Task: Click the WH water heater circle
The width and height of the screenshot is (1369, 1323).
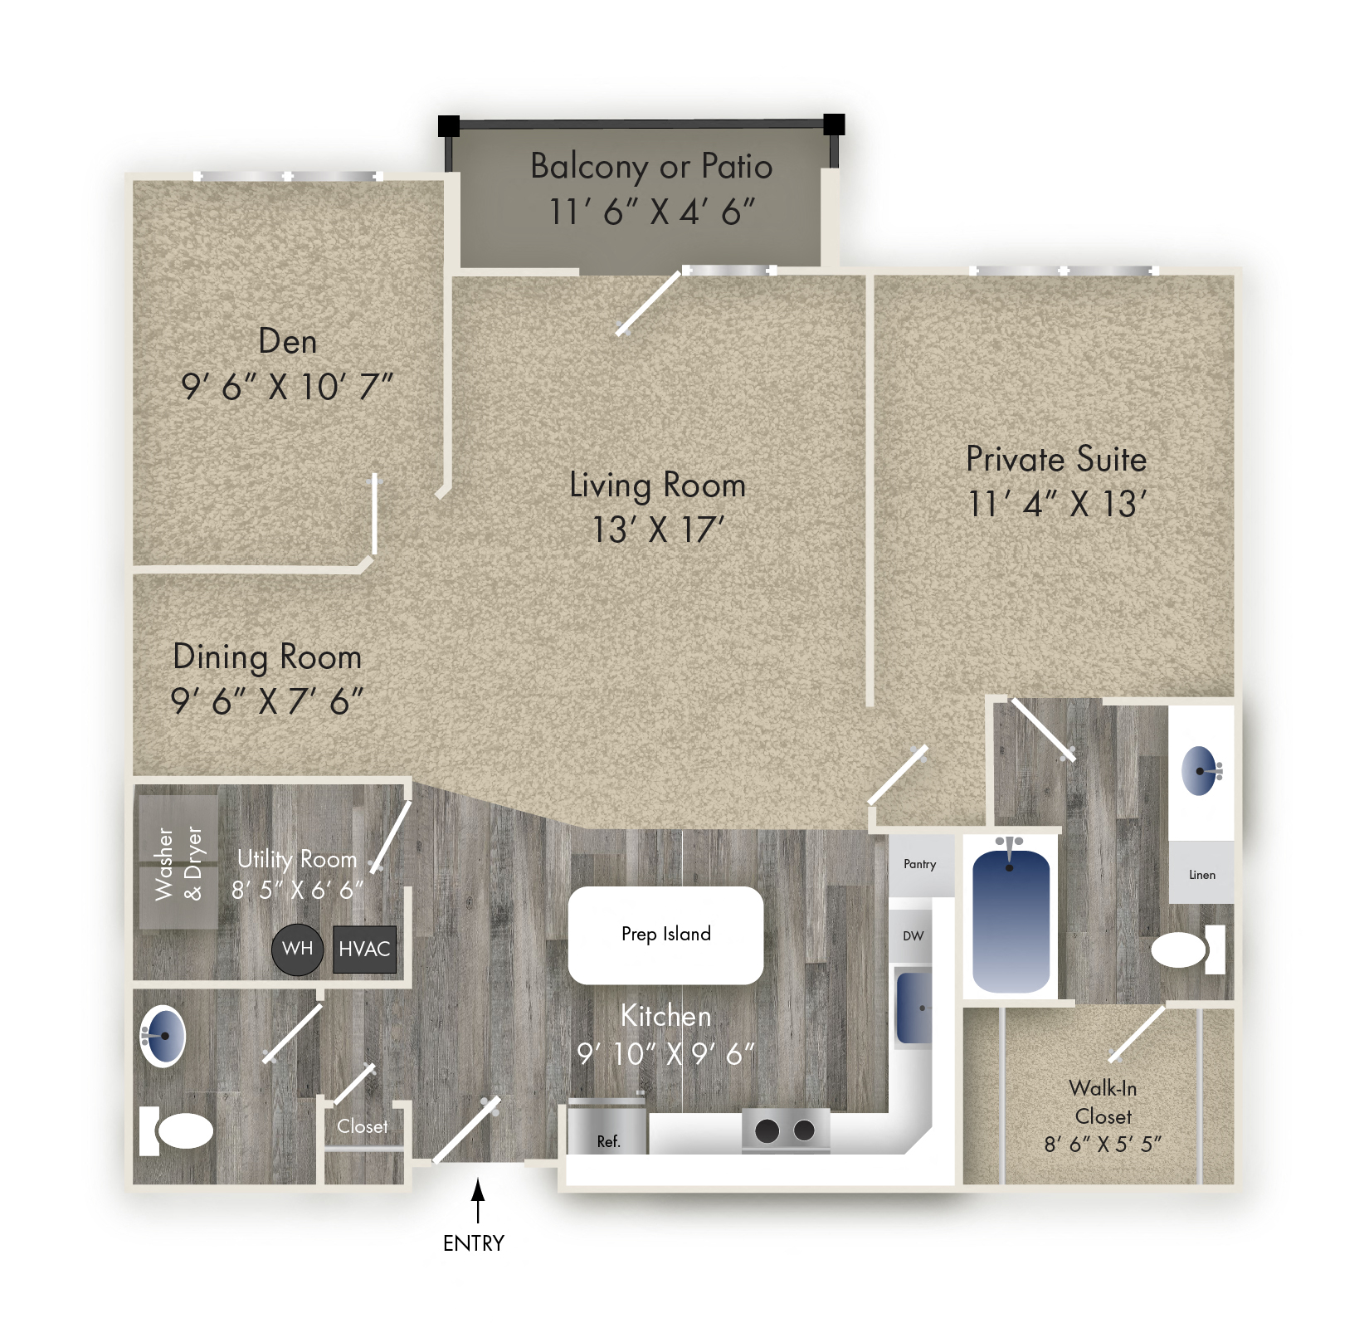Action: tap(297, 949)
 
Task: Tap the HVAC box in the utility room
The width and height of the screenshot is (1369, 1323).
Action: tap(364, 949)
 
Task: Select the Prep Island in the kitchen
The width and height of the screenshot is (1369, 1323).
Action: tap(665, 935)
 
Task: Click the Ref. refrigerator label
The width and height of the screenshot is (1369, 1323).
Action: tap(608, 1141)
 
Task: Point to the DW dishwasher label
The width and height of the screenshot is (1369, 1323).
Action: tap(913, 935)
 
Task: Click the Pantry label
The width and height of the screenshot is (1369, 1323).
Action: tap(919, 864)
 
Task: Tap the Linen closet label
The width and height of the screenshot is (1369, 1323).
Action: tap(1201, 875)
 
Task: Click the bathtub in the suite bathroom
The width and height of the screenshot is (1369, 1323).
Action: tap(1011, 921)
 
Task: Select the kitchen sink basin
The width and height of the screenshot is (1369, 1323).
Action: tap(913, 1008)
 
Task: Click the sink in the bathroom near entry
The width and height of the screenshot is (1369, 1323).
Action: tap(163, 1036)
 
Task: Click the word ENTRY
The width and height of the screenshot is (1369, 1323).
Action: tap(474, 1242)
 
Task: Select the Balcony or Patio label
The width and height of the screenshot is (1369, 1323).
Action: tap(651, 166)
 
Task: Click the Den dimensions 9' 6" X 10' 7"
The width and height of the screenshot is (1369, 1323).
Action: tap(286, 387)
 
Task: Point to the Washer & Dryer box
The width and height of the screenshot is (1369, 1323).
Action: tap(178, 863)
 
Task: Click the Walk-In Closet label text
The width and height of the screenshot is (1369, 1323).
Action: tap(1103, 1102)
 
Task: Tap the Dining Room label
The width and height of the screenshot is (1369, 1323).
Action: tap(267, 657)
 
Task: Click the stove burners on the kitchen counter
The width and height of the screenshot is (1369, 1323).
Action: tap(785, 1130)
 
